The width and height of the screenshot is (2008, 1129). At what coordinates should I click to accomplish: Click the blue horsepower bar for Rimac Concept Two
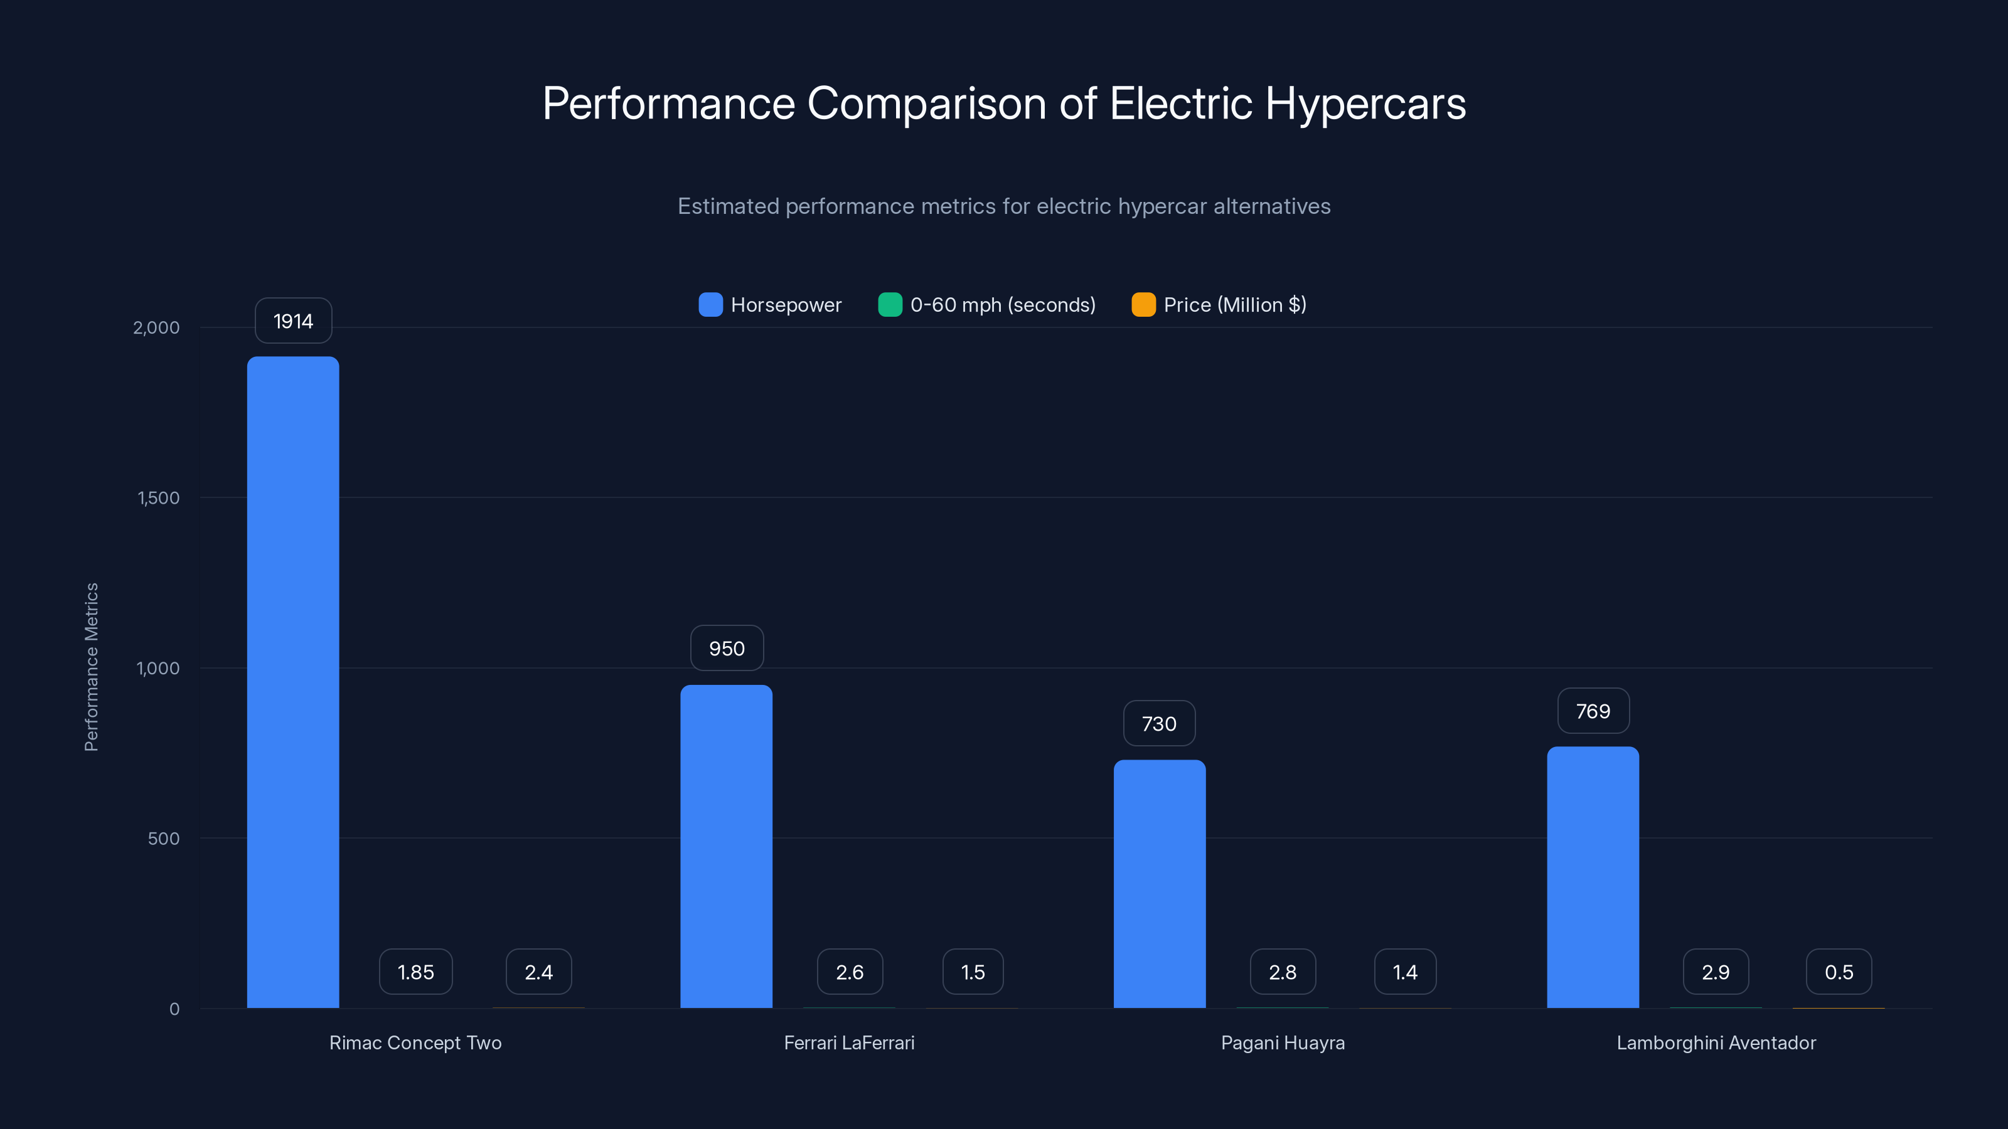click(x=293, y=682)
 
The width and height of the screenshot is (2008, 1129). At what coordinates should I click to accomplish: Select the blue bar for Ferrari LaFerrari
click(x=726, y=846)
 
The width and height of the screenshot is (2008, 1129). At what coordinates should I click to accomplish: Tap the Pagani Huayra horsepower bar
click(x=1159, y=884)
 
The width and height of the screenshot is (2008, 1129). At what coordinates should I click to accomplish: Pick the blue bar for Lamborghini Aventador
click(x=1593, y=877)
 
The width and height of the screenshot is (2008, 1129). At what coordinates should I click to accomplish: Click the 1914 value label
click(x=293, y=321)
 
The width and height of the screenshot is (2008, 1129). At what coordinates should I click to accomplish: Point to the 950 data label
click(x=727, y=649)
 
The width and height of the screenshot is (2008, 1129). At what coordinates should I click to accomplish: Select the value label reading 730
click(x=1159, y=724)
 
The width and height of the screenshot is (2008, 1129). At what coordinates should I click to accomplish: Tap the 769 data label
click(x=1593, y=711)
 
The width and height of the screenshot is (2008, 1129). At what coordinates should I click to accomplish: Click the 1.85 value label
click(x=415, y=972)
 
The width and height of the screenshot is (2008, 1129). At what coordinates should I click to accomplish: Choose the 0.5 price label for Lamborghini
click(x=1838, y=972)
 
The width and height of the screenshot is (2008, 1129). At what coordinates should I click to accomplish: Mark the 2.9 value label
click(x=1715, y=972)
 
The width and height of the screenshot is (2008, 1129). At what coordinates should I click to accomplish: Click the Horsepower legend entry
click(x=770, y=305)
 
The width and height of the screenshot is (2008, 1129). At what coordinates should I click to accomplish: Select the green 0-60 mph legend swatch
click(x=889, y=305)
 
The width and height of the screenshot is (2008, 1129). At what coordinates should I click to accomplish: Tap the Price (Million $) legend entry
click(x=1219, y=305)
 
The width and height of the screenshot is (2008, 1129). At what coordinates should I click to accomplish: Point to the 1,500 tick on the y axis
click(x=158, y=498)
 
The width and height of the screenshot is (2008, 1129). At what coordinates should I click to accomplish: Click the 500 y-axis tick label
click(x=164, y=839)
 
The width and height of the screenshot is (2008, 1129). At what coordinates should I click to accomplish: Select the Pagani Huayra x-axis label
click(x=1282, y=1042)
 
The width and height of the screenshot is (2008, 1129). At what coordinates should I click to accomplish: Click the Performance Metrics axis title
click(x=91, y=667)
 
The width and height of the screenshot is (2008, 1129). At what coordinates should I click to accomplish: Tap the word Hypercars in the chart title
click(x=1365, y=103)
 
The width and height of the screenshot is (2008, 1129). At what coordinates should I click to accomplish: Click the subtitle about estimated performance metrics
click(x=1003, y=206)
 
